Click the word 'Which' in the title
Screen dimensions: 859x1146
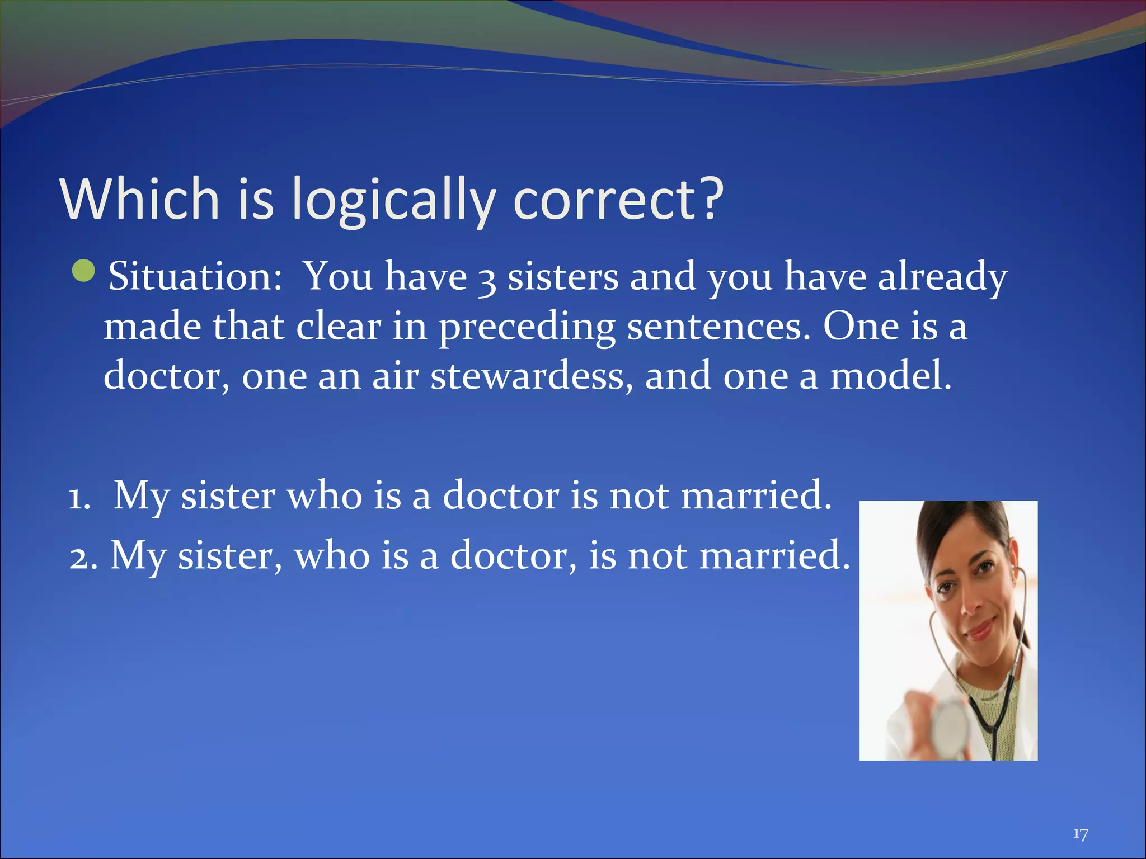[139, 199]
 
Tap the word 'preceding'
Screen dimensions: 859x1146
[527, 328]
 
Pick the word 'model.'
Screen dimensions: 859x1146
[890, 376]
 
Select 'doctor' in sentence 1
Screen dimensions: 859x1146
[501, 495]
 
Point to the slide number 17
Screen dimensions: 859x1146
[1081, 834]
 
